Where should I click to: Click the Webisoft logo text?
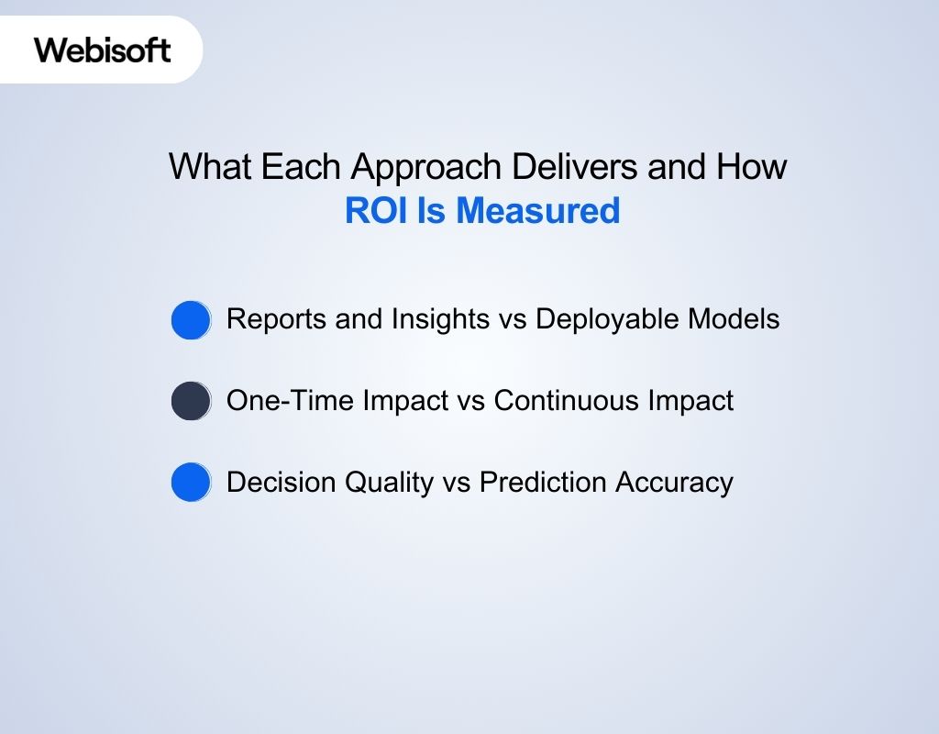[x=103, y=50]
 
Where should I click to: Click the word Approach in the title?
[x=425, y=167]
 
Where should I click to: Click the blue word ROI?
[x=376, y=211]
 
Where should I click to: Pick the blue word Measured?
[x=538, y=211]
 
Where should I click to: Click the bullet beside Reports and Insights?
[x=191, y=320]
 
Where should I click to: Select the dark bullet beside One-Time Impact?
[x=191, y=401]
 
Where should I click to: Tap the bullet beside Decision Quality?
[x=191, y=482]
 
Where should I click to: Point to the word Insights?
[x=436, y=319]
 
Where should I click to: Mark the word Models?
[x=735, y=319]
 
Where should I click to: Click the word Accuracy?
[x=677, y=483]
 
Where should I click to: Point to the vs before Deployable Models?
[x=509, y=319]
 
